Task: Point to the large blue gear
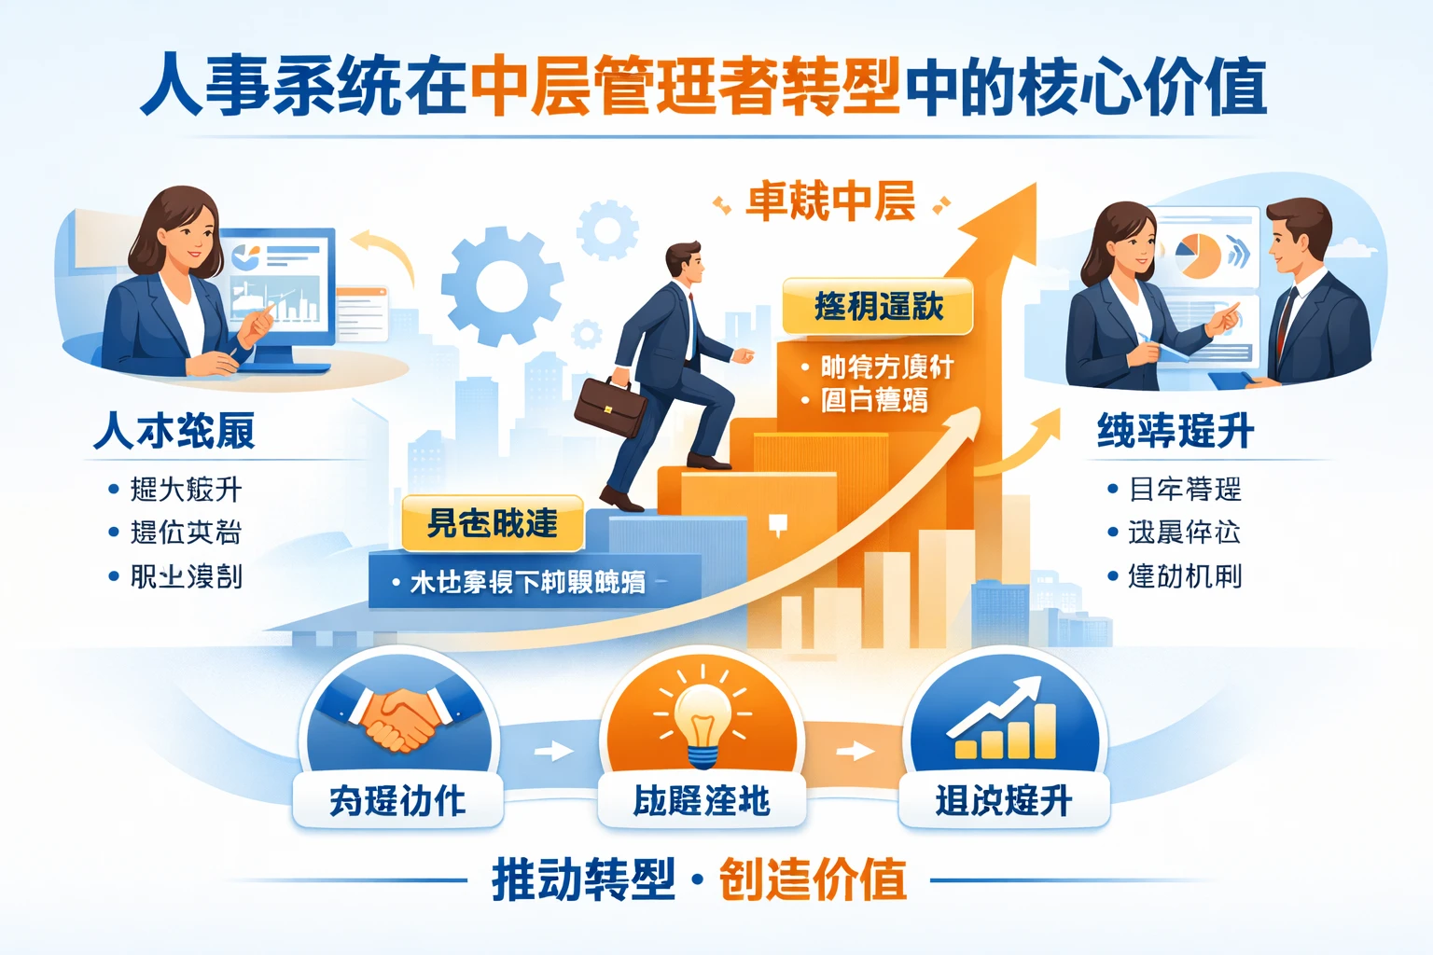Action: [502, 285]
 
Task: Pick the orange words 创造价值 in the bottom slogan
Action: [813, 879]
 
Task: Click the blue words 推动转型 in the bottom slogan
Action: [583, 879]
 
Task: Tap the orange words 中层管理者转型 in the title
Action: [686, 87]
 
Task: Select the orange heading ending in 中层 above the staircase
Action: [830, 202]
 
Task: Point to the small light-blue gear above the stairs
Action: [607, 229]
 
